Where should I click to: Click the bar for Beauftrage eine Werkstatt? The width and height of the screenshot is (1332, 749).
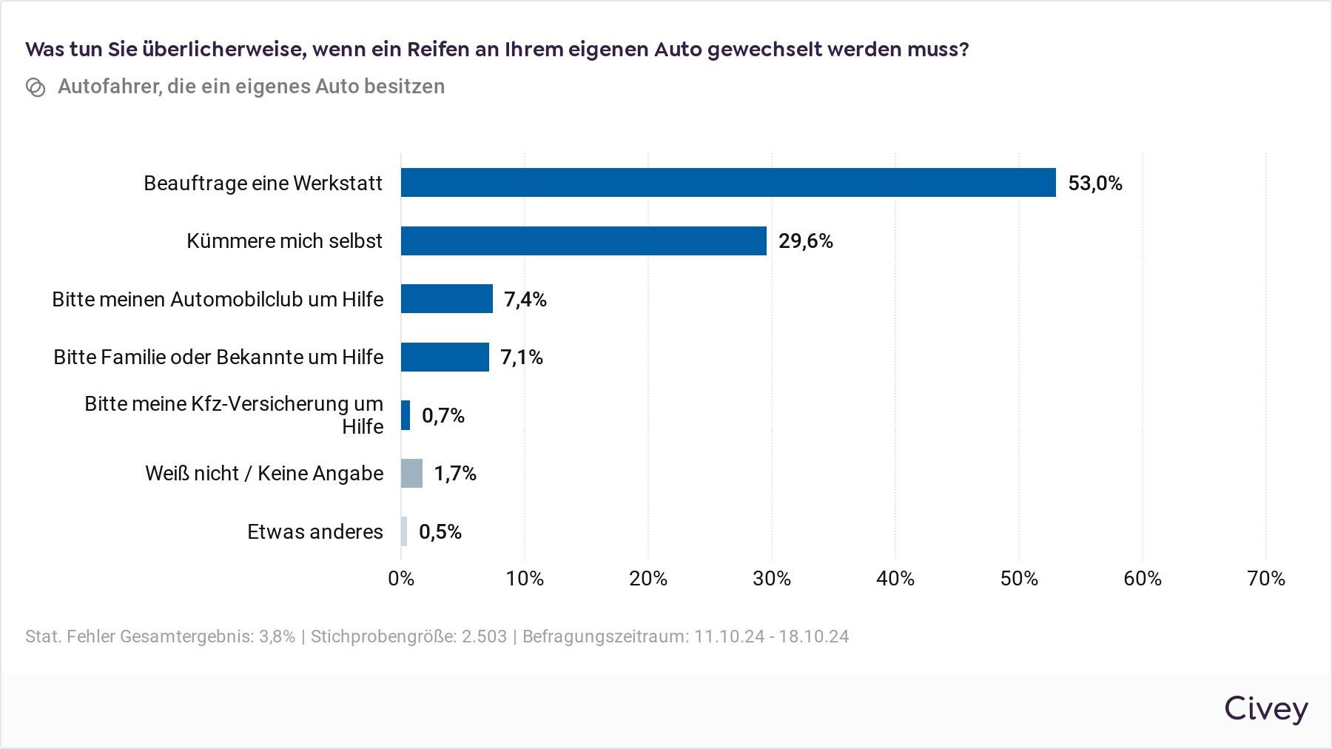click(x=728, y=182)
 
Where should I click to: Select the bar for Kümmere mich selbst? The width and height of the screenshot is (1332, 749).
click(x=584, y=241)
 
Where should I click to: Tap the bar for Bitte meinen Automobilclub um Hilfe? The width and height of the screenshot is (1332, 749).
click(x=447, y=299)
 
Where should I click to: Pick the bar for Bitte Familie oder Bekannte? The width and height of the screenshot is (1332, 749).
click(x=445, y=357)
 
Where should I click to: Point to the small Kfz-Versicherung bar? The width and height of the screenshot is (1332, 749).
click(x=406, y=415)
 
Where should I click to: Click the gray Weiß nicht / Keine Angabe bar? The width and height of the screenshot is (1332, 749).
click(x=411, y=473)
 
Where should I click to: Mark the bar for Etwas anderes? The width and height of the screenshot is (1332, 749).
click(x=404, y=531)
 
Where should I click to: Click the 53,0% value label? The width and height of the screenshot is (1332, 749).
click(x=1095, y=184)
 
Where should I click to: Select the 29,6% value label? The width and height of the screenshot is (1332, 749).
click(x=806, y=241)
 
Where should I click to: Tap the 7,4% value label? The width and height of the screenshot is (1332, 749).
click(x=525, y=300)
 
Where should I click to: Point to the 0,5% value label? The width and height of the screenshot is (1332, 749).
click(x=440, y=532)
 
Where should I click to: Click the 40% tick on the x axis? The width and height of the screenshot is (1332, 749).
click(x=895, y=578)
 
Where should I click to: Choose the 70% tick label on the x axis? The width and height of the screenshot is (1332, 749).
click(x=1266, y=578)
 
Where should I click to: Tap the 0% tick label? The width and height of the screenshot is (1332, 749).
click(x=401, y=578)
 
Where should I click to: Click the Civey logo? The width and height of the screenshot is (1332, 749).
click(x=1266, y=709)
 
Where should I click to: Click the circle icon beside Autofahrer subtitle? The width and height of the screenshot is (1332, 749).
click(x=36, y=87)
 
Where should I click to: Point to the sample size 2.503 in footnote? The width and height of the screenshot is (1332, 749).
click(x=485, y=637)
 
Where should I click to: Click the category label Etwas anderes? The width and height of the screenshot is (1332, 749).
click(x=315, y=531)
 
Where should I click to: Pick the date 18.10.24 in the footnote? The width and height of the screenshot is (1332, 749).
click(x=813, y=637)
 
